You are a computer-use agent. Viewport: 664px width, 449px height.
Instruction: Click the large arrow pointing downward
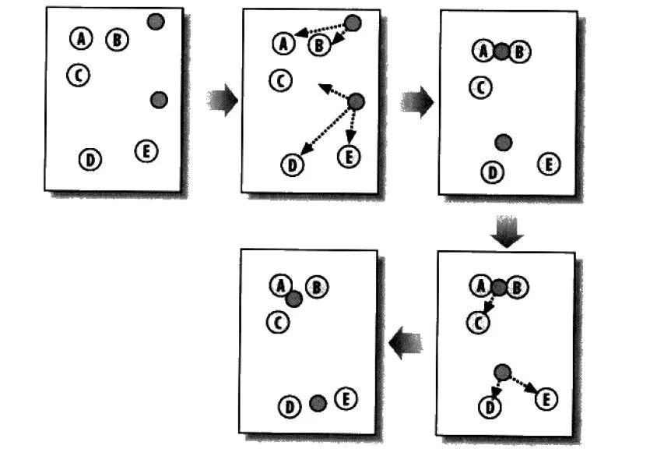click(507, 232)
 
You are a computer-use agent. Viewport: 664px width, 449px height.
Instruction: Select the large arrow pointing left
click(406, 341)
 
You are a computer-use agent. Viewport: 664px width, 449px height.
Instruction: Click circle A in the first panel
click(80, 37)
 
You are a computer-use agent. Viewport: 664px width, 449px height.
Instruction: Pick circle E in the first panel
click(146, 150)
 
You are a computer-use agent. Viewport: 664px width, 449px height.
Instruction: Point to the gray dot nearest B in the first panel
click(156, 22)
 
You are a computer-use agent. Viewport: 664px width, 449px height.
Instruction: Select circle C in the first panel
click(78, 75)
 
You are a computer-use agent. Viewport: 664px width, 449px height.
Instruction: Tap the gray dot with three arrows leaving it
click(356, 101)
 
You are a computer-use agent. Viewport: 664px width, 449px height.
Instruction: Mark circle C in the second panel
click(281, 80)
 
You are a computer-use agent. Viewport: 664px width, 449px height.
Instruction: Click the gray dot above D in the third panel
click(504, 142)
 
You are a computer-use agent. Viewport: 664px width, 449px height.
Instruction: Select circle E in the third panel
click(548, 164)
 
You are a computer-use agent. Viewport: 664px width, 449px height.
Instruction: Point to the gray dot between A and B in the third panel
click(502, 51)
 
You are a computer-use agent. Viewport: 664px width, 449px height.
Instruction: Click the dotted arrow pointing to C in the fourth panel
click(489, 305)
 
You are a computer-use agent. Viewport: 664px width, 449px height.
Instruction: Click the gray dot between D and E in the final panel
click(317, 403)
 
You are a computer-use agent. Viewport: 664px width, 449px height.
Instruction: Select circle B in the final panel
click(316, 288)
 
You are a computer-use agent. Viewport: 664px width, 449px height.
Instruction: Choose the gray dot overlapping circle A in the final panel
click(293, 298)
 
